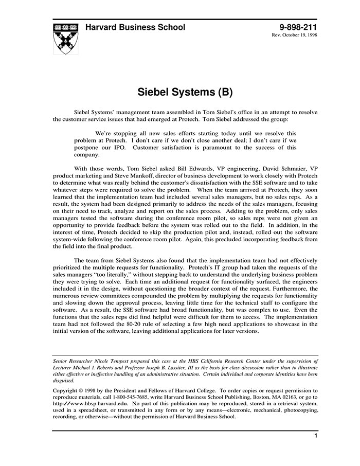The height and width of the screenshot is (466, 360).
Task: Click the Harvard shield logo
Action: click(x=65, y=37)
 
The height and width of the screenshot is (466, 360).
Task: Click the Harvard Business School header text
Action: click(x=135, y=27)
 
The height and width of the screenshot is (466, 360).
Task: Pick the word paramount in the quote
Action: click(x=218, y=148)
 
